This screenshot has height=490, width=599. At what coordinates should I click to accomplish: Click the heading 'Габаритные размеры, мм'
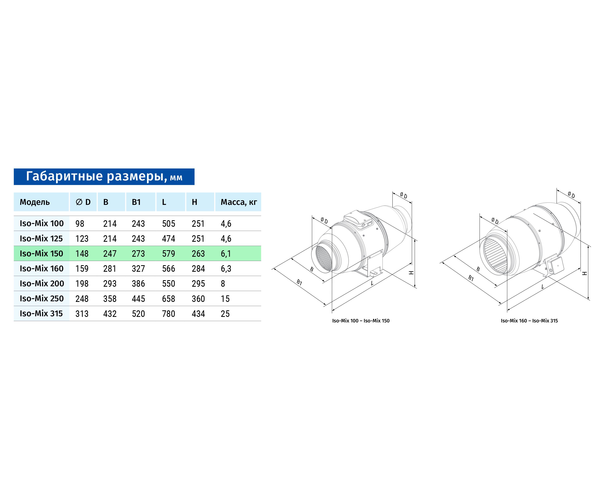(x=104, y=176)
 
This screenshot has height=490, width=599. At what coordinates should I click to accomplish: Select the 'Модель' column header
(x=35, y=202)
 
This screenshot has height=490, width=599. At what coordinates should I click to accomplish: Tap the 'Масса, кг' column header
(x=239, y=202)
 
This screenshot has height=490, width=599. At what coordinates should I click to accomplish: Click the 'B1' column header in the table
(x=136, y=202)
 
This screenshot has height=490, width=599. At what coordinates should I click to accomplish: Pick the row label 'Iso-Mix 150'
(x=41, y=253)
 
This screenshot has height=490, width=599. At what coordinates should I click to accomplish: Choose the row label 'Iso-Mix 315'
(x=41, y=314)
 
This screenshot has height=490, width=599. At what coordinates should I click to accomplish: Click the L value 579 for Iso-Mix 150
(x=168, y=253)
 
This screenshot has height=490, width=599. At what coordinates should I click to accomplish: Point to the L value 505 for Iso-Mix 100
(x=168, y=224)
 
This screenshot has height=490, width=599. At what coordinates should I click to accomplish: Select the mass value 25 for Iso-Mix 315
(x=225, y=314)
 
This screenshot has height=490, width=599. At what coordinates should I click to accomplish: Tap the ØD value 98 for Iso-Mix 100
(x=80, y=224)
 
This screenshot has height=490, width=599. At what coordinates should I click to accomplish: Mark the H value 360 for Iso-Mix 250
(x=198, y=299)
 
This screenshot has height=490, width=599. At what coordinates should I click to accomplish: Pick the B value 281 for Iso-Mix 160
(x=110, y=268)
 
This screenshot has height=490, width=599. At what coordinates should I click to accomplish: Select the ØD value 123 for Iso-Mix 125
(x=82, y=239)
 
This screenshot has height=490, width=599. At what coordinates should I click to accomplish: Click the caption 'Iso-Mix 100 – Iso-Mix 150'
(x=361, y=321)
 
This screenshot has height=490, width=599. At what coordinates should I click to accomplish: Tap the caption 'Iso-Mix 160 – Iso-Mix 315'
(x=529, y=321)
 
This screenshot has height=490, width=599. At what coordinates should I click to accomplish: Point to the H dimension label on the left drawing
(x=411, y=273)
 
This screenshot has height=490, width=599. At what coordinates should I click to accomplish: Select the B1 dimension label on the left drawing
(x=299, y=282)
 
